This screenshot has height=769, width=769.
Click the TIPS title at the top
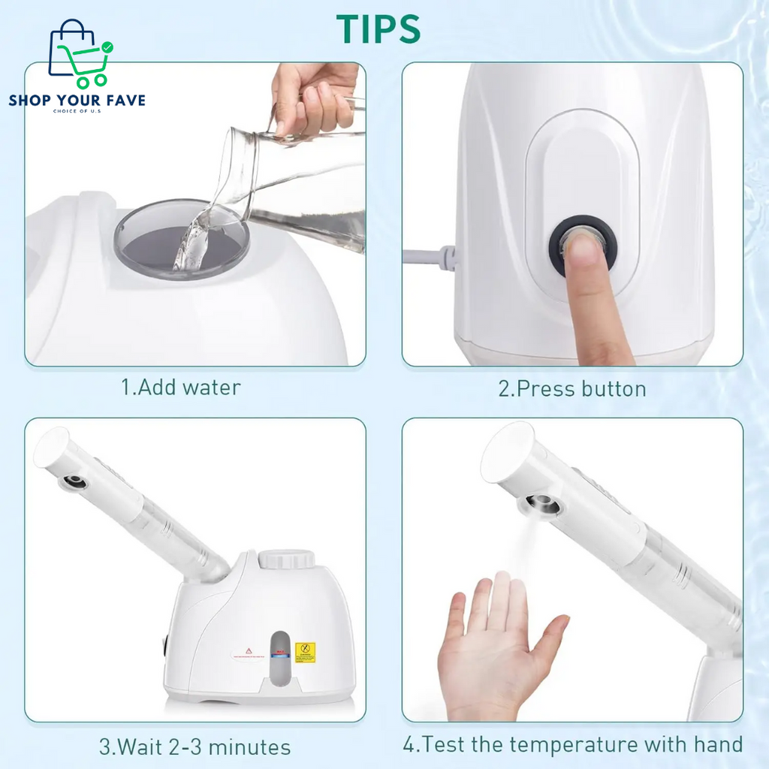point(378,29)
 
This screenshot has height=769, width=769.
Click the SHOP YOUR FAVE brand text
point(77,100)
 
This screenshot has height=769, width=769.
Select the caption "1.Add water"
point(181,388)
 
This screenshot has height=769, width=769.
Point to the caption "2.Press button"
point(571,388)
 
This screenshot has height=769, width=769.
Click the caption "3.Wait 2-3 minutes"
point(195,747)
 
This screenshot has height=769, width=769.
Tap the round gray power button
point(580,245)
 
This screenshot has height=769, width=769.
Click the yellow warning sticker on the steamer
point(305,652)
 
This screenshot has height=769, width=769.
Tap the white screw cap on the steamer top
point(286,559)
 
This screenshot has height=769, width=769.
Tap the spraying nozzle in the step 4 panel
point(542,504)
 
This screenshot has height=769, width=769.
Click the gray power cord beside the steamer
point(429,258)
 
